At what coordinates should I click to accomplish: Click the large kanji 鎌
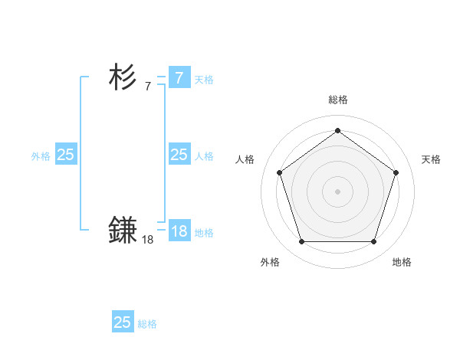123,231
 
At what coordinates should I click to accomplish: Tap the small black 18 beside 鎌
148,240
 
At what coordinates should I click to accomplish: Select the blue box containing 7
179,78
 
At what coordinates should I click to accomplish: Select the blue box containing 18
179,231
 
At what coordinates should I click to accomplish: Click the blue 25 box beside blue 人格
179,155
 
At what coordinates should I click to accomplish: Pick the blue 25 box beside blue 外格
65,155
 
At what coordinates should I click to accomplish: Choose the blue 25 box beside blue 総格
123,322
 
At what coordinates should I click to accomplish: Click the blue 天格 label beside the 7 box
204,79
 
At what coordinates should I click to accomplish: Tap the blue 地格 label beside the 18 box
204,232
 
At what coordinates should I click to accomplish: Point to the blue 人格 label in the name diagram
204,155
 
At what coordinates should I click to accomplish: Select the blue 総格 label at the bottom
147,323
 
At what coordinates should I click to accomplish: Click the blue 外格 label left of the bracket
41,155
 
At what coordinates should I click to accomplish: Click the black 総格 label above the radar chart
337,100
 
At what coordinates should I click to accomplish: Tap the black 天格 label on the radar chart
431,159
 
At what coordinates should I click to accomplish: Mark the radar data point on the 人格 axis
279,172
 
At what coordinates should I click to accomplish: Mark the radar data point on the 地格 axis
373,242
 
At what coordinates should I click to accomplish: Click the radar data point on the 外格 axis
301,242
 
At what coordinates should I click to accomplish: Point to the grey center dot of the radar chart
337,191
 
